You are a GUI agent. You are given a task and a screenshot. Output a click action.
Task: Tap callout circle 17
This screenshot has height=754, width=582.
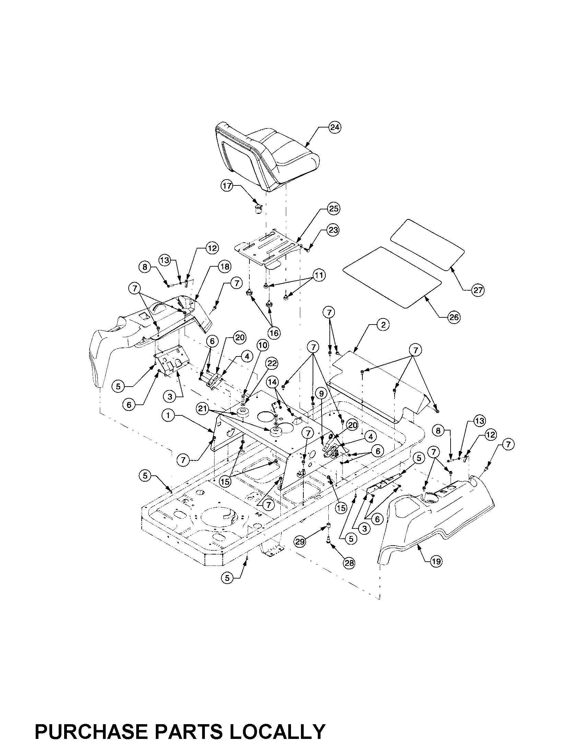tap(227, 186)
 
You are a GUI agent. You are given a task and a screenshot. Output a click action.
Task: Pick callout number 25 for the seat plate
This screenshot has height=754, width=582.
tap(334, 209)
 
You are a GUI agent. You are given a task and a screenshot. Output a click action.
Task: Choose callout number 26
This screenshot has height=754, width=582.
tap(453, 317)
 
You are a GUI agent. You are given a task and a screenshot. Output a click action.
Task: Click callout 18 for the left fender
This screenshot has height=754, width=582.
tap(225, 267)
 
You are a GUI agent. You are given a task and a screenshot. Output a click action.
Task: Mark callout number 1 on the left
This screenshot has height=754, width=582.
tap(168, 416)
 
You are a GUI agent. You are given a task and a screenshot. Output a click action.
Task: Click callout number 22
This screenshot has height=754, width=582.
tap(272, 363)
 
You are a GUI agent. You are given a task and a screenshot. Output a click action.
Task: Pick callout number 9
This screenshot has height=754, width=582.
tap(321, 393)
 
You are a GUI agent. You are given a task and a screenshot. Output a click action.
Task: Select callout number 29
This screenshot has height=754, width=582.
tap(300, 542)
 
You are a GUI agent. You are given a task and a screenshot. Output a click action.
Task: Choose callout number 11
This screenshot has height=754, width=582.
tap(319, 275)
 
